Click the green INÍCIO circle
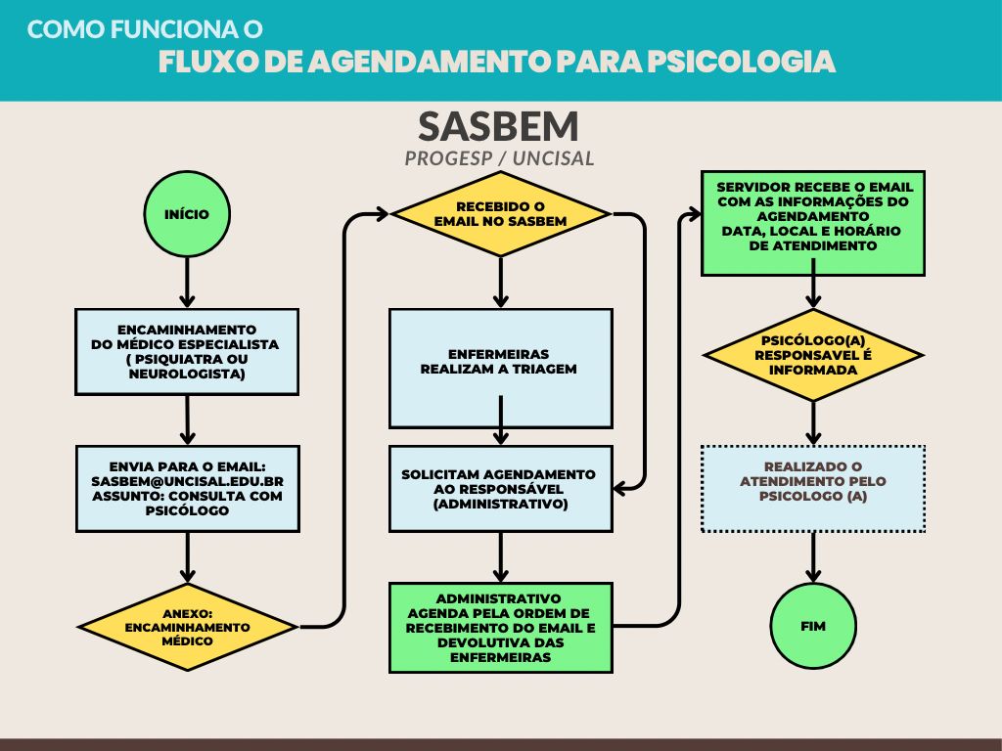point(187,214)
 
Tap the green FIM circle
point(813,625)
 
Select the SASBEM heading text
point(499,126)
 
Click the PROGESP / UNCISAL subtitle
point(499,158)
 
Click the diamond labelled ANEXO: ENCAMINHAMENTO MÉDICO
point(187,627)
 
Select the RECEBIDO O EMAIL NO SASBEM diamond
point(500,214)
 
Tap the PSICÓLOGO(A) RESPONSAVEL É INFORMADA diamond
point(813,355)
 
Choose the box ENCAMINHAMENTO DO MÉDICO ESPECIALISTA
point(187,351)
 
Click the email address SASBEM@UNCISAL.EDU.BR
point(187,482)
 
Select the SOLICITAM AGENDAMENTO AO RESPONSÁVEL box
point(500,489)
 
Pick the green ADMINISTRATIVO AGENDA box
point(500,627)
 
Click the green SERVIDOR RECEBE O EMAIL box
point(813,223)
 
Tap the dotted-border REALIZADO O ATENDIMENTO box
point(813,489)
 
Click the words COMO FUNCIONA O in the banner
point(145,29)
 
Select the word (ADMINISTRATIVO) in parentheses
point(500,504)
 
